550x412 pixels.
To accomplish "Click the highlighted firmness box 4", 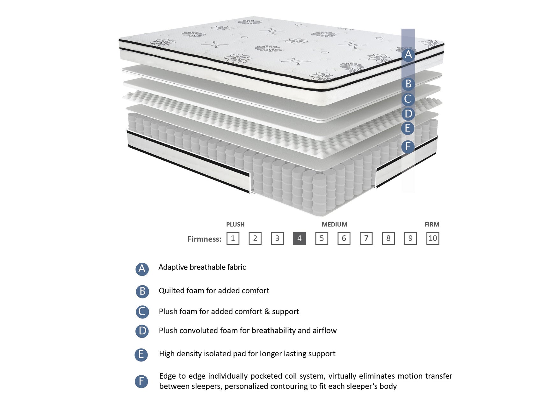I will tap(299, 238).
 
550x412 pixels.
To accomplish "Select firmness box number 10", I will tap(432, 238).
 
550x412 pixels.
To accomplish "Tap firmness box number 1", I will tap(233, 238).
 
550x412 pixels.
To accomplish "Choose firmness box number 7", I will tap(366, 238).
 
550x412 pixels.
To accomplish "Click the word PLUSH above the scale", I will tap(235, 224).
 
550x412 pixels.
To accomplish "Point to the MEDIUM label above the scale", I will tap(334, 224).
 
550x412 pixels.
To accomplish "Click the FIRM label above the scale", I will tap(432, 224).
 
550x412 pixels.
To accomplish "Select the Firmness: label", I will tap(204, 239).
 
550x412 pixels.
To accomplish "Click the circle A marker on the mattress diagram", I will tap(408, 55).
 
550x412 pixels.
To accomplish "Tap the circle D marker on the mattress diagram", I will tap(408, 114).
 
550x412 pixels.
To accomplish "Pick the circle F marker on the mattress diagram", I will tap(408, 147).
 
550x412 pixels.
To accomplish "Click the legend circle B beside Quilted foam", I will tap(142, 291).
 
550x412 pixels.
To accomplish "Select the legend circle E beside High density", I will tap(141, 354).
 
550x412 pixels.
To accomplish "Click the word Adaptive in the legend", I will tap(173, 267).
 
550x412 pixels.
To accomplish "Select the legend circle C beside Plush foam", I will tap(142, 312).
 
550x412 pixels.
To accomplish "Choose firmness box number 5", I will tap(322, 238).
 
